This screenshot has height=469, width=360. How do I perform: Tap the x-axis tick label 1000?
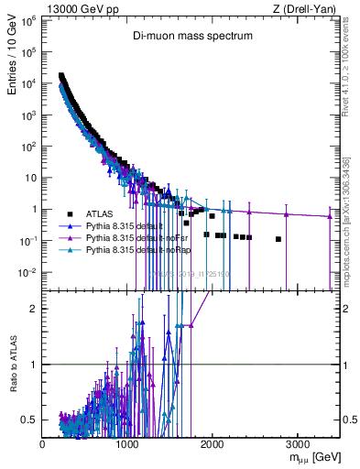tap(127, 442)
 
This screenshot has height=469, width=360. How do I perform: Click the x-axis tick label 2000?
tap(212, 442)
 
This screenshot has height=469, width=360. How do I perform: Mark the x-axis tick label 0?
tap(43, 442)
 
